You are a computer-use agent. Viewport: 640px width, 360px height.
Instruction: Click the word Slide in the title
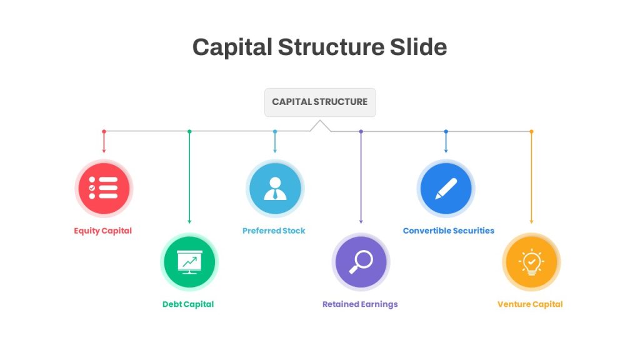pyautogui.click(x=418, y=47)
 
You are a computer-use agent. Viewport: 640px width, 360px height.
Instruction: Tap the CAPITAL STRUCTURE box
pyautogui.click(x=320, y=102)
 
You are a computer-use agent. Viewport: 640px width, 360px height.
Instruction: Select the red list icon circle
pyautogui.click(x=104, y=188)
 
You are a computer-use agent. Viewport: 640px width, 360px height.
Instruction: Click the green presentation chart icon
pyautogui.click(x=189, y=262)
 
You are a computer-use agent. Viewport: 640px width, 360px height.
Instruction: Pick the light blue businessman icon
pyautogui.click(x=275, y=188)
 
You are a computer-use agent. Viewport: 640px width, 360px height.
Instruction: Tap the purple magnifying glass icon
pyautogui.click(x=361, y=262)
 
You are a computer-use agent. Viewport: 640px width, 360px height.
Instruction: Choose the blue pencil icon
pyautogui.click(x=446, y=188)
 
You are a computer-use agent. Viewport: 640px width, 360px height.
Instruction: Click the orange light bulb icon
pyautogui.click(x=531, y=262)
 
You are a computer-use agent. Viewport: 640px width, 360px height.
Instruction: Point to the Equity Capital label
pyautogui.click(x=103, y=231)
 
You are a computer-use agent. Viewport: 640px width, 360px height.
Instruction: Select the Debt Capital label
pyautogui.click(x=188, y=304)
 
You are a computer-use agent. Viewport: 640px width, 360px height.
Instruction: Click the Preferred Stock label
pyautogui.click(x=274, y=231)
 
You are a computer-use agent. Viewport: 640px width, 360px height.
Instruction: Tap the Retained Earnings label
pyautogui.click(x=360, y=304)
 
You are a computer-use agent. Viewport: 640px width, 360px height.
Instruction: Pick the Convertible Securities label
pyautogui.click(x=449, y=231)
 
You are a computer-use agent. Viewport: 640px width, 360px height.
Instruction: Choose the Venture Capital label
pyautogui.click(x=530, y=304)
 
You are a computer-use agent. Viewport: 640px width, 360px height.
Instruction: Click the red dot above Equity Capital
pyautogui.click(x=104, y=131)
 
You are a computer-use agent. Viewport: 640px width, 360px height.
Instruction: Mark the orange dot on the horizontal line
pyautogui.click(x=531, y=131)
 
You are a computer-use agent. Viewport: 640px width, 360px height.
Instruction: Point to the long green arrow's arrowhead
pyautogui.click(x=189, y=222)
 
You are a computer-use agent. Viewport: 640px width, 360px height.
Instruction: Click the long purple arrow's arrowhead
pyautogui.click(x=361, y=222)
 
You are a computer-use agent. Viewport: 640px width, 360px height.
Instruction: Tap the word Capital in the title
pyautogui.click(x=232, y=47)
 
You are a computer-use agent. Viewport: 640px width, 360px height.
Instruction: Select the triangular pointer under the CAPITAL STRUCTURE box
pyautogui.click(x=321, y=126)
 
